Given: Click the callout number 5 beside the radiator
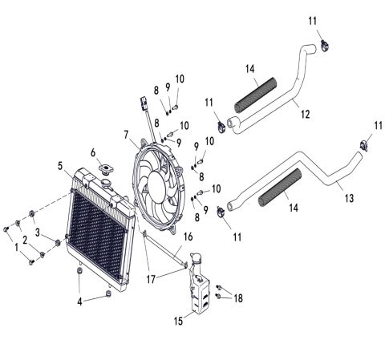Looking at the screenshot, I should coord(60,166).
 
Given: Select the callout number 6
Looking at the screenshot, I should coord(94,152).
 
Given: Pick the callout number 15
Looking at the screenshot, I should coord(178,321).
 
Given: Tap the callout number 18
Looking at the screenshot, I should coord(237,297).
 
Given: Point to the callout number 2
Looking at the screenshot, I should coord(25,240).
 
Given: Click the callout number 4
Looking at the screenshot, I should coord(78,302).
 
